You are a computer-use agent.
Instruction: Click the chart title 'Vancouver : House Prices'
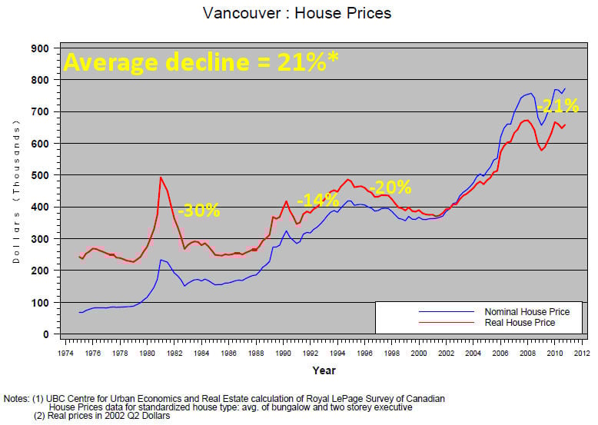pos(297,13)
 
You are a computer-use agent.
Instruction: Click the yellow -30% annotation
pos(198,211)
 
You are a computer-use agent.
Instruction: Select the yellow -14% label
pos(317,199)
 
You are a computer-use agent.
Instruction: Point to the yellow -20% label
pos(390,187)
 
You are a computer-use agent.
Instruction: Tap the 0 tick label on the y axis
pos(45,335)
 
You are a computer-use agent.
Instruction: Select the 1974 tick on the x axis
pos(65,353)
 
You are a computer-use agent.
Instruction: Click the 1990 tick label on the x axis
pos(283,353)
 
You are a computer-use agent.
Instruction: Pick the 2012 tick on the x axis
pos(581,353)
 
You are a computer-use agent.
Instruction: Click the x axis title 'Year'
pos(323,370)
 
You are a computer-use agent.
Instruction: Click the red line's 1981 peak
pos(160,178)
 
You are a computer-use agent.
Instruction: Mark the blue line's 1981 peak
pos(161,260)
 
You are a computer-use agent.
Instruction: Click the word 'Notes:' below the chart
pos(16,398)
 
